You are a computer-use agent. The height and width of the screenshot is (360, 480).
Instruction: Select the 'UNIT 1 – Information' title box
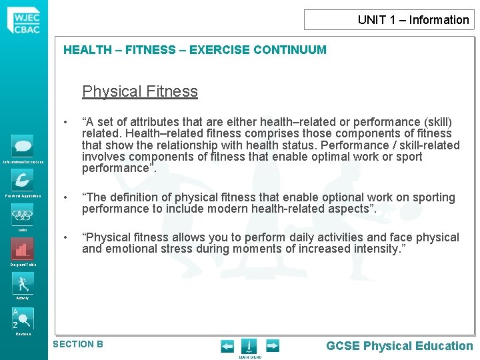click(389, 20)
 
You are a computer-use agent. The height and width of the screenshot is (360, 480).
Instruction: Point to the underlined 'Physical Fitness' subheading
click(140, 91)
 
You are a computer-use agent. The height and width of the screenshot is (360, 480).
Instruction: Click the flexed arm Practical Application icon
click(22, 180)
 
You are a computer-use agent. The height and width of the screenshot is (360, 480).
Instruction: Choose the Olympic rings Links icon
click(22, 215)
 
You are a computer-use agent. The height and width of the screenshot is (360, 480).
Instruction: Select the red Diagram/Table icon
click(22, 249)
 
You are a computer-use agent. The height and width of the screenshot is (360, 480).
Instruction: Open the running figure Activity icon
click(22, 283)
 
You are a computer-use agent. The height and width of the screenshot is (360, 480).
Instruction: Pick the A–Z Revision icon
click(22, 319)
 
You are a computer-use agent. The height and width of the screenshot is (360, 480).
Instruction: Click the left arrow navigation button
click(228, 346)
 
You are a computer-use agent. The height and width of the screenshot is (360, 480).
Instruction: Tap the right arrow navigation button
click(273, 346)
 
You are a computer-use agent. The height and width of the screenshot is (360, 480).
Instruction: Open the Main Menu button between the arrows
click(249, 347)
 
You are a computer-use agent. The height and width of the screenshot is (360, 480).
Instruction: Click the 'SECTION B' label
click(78, 344)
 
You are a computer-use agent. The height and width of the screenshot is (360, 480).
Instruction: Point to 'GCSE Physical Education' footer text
click(399, 345)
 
